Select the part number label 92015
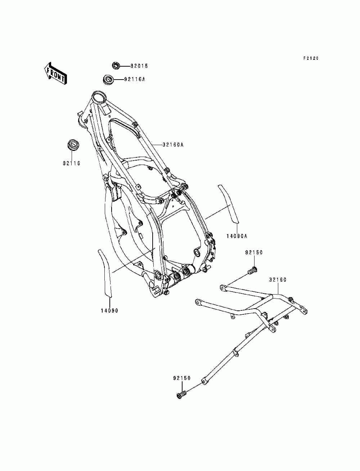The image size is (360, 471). (x=139, y=66)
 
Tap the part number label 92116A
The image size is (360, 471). (x=134, y=79)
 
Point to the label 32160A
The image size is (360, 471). (x=173, y=145)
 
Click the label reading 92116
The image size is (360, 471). (x=71, y=163)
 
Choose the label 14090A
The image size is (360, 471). (x=237, y=236)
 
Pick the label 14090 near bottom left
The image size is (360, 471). (x=109, y=310)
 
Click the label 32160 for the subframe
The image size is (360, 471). (x=278, y=280)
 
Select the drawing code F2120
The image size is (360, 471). (x=311, y=58)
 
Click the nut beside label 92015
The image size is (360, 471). (x=116, y=66)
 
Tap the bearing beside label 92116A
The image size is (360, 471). (x=108, y=79)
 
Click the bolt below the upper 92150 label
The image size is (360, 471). (x=253, y=269)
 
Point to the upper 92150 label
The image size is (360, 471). (x=254, y=253)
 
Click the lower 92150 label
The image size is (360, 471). (x=182, y=378)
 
